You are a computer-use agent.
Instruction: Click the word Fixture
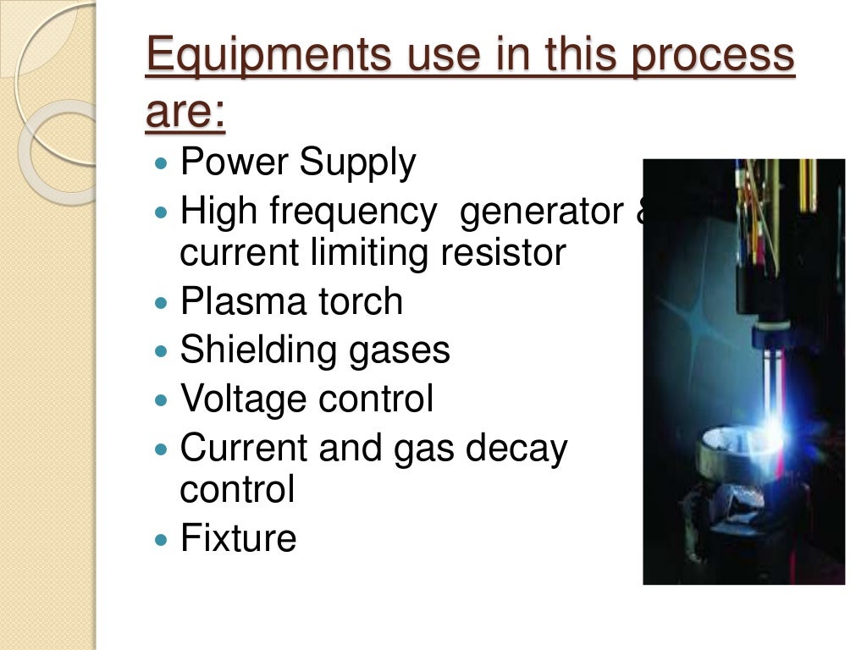click(x=238, y=538)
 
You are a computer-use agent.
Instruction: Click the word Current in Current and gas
click(x=243, y=447)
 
